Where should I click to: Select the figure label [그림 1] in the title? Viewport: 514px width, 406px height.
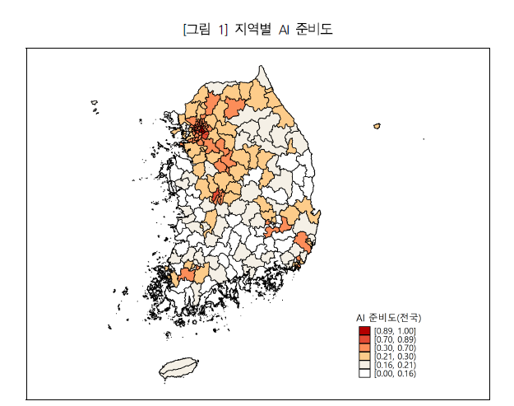(x=204, y=30)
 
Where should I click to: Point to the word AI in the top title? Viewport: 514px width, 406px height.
(x=284, y=30)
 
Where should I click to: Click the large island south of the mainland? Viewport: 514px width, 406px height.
(x=179, y=368)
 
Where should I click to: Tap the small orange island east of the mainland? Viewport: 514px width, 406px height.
(x=377, y=126)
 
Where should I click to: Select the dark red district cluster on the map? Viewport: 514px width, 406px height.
(x=199, y=128)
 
